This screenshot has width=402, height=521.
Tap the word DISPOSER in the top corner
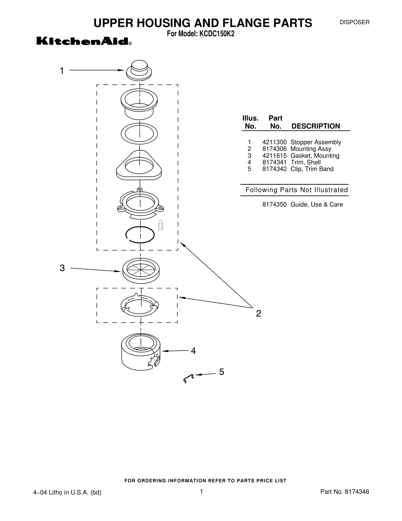pyautogui.click(x=355, y=22)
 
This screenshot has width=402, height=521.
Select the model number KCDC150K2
pyautogui.click(x=217, y=34)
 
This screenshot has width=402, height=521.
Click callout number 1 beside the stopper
pyautogui.click(x=62, y=71)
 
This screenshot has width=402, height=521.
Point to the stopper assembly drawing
pyautogui.click(x=139, y=70)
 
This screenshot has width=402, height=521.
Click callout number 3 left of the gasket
pyautogui.click(x=62, y=268)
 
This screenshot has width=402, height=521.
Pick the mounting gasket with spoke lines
pyautogui.click(x=141, y=271)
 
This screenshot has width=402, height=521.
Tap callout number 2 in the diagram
pyautogui.click(x=259, y=313)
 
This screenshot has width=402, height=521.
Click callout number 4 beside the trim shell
pyautogui.click(x=193, y=351)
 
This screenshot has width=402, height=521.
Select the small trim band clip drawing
pyautogui.click(x=188, y=378)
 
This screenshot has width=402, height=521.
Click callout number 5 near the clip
pyautogui.click(x=221, y=372)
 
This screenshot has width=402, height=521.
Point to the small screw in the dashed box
pyautogui.click(x=161, y=225)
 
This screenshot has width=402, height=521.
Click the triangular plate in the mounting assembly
pyautogui.click(x=139, y=165)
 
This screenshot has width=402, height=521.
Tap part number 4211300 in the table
pyautogui.click(x=274, y=142)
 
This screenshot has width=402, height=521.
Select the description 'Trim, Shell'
pyautogui.click(x=306, y=162)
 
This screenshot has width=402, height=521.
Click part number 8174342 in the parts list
pyautogui.click(x=274, y=169)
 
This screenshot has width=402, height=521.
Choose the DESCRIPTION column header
pyautogui.click(x=316, y=126)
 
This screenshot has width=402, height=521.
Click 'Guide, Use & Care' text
pyautogui.click(x=317, y=205)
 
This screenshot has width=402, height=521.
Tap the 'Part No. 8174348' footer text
pyautogui.click(x=345, y=492)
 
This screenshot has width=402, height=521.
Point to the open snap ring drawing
pyautogui.click(x=140, y=235)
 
